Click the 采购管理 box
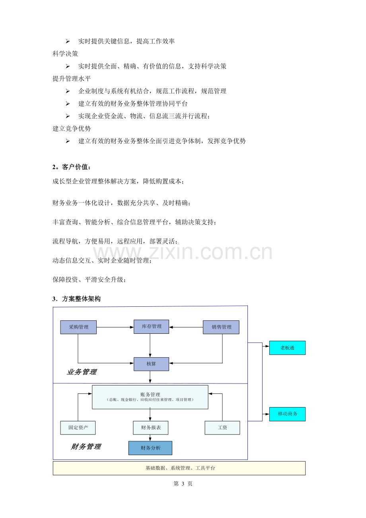pos(78,327)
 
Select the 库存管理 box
pos(151,327)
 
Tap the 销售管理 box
pos(221,327)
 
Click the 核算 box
pos(151,364)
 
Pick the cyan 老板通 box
pos(287,348)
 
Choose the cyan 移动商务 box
pos(287,414)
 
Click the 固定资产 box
pos(78,428)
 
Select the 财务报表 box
pos(150,428)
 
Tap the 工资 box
pos(222,428)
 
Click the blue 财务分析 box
pos(150,448)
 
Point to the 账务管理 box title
pos(150,395)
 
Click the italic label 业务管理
pos(82,372)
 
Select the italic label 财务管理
pos(86,446)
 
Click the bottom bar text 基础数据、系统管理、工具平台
pos(180,468)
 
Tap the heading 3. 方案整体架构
pos(76,299)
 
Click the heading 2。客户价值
pos(72,167)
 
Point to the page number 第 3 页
pos(183,483)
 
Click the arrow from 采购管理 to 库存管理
pos(115,327)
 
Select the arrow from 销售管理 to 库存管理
pos(186,327)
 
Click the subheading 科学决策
pos(65,54)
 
